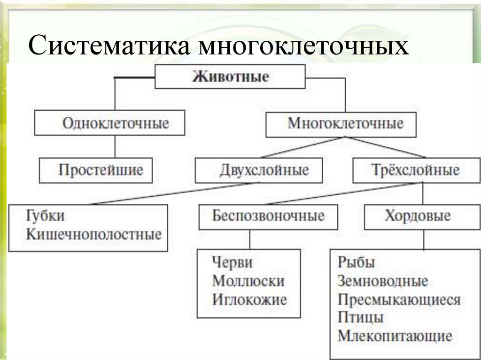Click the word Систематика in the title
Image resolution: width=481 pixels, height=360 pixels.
(109, 47)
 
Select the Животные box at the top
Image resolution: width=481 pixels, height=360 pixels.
(230, 77)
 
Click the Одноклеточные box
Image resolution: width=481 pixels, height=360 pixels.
(110, 124)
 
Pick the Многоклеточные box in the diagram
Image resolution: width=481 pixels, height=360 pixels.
(341, 124)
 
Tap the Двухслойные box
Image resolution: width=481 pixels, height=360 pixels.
(259, 170)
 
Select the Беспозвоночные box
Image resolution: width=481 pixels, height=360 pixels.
(268, 216)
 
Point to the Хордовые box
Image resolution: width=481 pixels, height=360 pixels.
(418, 216)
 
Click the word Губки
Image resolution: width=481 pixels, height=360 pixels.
(46, 216)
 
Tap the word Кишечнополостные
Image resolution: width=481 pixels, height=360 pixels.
(94, 234)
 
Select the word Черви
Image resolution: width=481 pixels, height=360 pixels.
(232, 262)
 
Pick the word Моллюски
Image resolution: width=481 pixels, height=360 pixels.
(248, 281)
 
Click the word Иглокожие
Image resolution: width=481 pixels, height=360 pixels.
(249, 299)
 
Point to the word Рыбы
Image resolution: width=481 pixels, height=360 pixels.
(356, 262)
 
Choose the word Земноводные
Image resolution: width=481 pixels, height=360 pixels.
(382, 281)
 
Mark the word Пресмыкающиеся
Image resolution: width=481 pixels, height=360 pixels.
(399, 299)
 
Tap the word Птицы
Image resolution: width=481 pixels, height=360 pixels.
(360, 318)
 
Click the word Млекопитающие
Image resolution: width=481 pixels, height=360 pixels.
(395, 336)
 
